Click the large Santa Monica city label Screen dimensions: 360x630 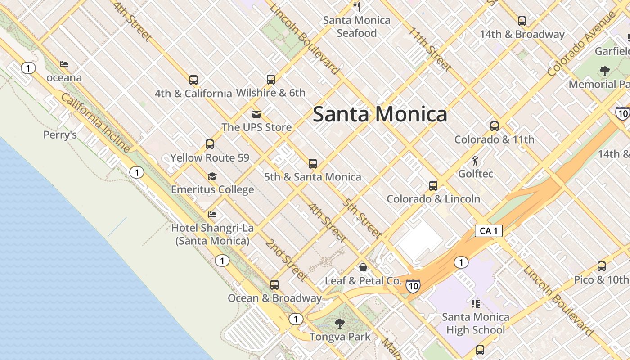tap(380, 114)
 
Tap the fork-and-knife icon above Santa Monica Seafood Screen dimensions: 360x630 tap(357, 6)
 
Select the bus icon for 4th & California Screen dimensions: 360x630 tap(193, 80)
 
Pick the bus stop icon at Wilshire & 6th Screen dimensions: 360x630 tap(271, 80)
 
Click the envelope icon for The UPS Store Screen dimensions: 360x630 tap(256, 114)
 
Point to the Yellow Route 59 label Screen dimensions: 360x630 tap(210, 158)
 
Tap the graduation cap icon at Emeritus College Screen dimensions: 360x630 tap(212, 177)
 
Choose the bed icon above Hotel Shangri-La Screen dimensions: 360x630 tap(212, 215)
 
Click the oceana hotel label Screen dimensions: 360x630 tap(64, 78)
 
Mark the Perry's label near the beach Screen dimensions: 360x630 tap(60, 135)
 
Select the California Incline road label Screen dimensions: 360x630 tap(95, 123)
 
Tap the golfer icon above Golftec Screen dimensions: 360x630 tap(475, 161)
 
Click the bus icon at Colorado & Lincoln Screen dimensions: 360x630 tap(433, 185)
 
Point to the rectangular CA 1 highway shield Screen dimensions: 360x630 tap(488, 231)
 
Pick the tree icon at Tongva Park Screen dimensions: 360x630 tap(340, 323)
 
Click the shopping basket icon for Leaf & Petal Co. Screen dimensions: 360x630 tap(363, 267)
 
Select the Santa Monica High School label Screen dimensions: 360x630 tap(475, 324)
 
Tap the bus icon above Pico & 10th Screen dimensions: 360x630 tap(602, 266)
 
